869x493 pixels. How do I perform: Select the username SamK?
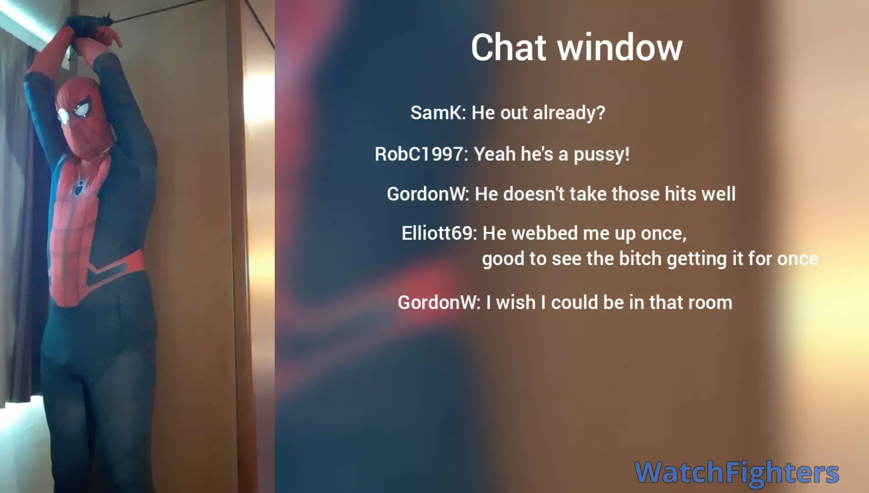(x=437, y=112)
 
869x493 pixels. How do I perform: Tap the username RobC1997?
(x=420, y=154)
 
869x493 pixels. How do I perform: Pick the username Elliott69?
(x=438, y=233)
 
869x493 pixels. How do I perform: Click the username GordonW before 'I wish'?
(x=438, y=302)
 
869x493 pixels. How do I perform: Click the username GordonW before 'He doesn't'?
(x=427, y=194)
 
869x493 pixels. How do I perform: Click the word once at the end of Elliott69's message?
(x=798, y=259)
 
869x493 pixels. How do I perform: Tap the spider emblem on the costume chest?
(x=80, y=187)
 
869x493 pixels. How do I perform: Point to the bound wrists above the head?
(x=89, y=28)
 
